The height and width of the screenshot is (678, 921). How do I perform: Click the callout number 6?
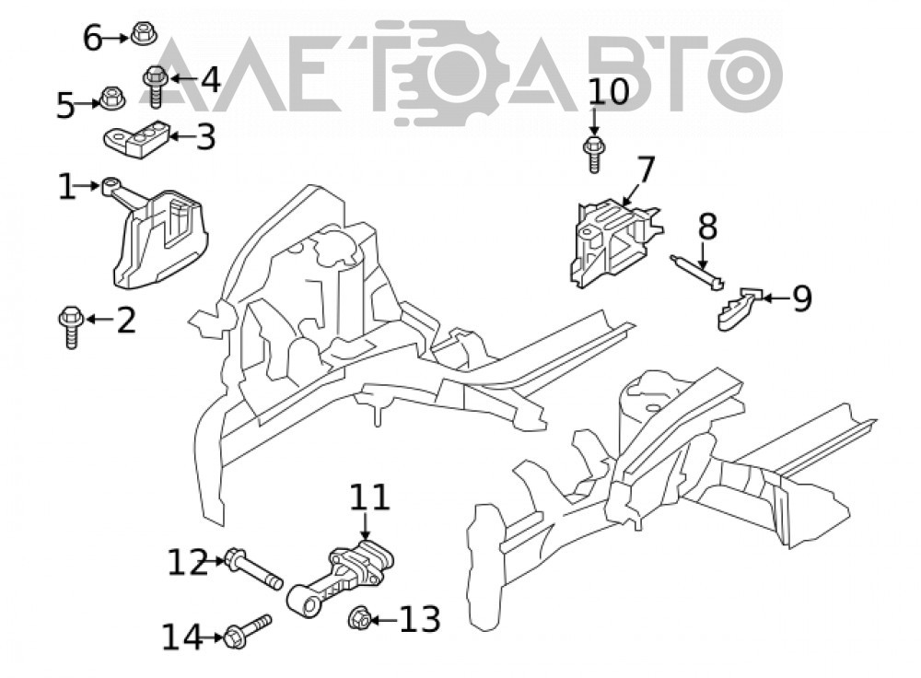93,39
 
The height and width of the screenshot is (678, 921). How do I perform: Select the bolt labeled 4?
156,86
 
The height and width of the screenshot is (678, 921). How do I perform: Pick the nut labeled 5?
111,99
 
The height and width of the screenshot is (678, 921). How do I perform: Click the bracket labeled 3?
137,140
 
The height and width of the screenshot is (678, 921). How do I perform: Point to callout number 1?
67,186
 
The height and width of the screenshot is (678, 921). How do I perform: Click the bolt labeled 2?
71,327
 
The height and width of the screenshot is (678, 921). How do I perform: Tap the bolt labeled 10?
594,154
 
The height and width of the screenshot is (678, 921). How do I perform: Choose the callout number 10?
609,91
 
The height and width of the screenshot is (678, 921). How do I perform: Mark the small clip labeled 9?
739,309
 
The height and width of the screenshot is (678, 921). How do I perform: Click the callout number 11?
369,497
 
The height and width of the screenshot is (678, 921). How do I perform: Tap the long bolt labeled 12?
253,567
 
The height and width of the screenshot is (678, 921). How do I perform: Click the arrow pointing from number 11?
366,526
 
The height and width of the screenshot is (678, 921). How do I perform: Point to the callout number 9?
802,298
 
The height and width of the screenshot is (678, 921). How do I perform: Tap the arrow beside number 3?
181,137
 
